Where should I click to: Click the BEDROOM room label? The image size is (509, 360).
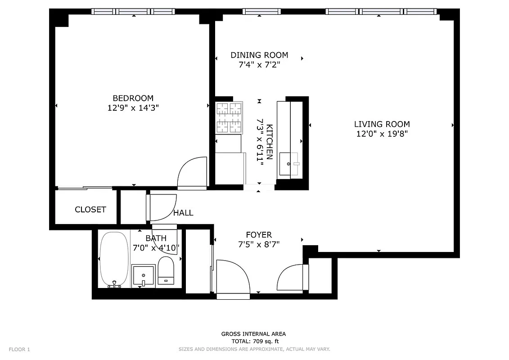click(133, 98)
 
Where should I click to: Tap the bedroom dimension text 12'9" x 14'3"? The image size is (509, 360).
click(133, 108)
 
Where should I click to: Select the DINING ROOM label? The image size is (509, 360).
click(259, 55)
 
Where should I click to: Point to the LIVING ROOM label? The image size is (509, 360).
click(382, 124)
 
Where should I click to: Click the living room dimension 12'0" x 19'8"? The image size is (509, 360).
click(382, 134)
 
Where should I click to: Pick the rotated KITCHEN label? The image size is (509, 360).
click(270, 142)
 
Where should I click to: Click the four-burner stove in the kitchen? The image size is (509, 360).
click(229, 118)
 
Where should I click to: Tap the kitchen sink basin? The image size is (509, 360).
click(289, 164)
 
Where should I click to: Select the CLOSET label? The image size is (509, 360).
click(90, 210)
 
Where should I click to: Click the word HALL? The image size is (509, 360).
click(183, 213)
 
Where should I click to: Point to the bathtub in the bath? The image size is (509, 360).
click(114, 259)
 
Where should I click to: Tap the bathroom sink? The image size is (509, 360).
click(143, 275)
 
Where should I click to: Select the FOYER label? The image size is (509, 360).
click(259, 235)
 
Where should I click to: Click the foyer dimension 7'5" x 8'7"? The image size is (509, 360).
click(259, 245)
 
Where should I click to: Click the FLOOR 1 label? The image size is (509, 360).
click(19, 350)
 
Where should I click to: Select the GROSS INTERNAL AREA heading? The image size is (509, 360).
click(253, 334)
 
